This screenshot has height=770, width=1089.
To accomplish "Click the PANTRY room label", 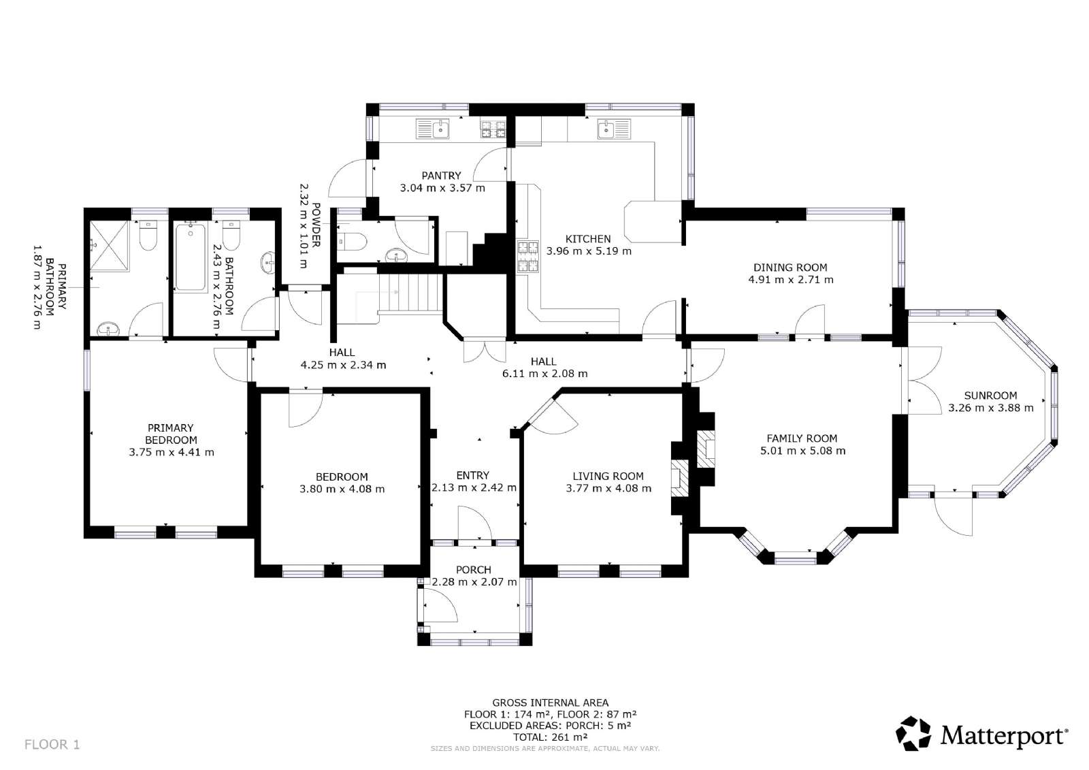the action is (x=441, y=176).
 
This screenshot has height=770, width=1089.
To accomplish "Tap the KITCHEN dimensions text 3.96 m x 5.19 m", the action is (x=589, y=251).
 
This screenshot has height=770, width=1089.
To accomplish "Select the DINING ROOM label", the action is (x=790, y=268).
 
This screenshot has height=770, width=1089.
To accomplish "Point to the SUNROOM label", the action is (x=990, y=396).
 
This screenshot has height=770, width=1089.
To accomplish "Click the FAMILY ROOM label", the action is (x=802, y=438).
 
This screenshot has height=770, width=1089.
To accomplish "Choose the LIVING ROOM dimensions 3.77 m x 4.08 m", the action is (x=608, y=488).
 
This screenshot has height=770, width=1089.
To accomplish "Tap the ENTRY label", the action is (x=472, y=475).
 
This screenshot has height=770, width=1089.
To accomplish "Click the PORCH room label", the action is (x=474, y=570).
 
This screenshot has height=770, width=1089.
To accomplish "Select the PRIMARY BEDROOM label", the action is (x=171, y=434).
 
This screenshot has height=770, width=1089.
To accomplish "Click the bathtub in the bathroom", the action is (x=190, y=258).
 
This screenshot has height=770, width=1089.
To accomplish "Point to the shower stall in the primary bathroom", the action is (x=110, y=246).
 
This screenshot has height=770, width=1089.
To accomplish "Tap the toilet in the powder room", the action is (x=351, y=241).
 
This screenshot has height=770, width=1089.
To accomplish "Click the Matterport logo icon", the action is (x=913, y=733).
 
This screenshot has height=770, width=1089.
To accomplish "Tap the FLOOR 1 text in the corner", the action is (x=52, y=744).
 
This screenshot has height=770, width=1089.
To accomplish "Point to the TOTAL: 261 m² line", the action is (x=551, y=737).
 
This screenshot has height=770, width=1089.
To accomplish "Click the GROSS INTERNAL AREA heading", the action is (x=551, y=703).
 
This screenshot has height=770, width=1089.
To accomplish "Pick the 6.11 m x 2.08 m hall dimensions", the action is (x=544, y=374).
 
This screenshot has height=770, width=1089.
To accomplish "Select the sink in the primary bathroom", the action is (x=108, y=330).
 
